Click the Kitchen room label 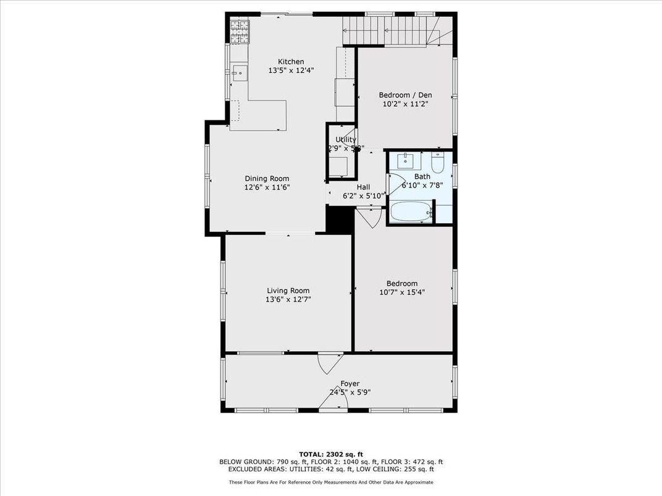(291, 62)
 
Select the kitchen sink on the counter (240, 73)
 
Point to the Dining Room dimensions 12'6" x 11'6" (267, 188)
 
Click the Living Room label (288, 291)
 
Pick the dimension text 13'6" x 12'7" (288, 300)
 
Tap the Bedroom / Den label (405, 95)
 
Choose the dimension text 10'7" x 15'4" (403, 292)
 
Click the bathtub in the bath (411, 213)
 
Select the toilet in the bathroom (438, 162)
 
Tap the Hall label (363, 187)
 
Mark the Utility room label (345, 139)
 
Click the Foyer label (350, 384)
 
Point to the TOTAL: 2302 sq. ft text (331, 453)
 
